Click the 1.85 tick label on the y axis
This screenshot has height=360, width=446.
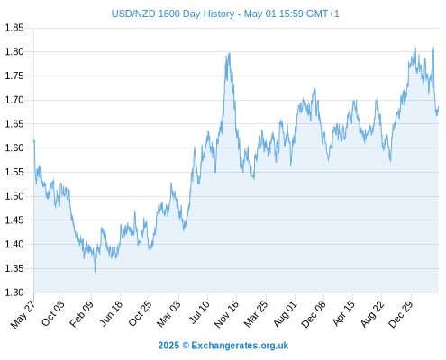pos(14,28)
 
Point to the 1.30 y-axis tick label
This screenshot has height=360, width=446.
pos(14,292)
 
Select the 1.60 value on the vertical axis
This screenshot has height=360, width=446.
pos(14,148)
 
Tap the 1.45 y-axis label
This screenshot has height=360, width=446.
pos(14,220)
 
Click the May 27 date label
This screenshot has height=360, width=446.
pos(23,314)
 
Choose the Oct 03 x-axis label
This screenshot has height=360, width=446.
pos(53,313)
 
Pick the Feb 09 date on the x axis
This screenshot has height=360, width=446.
pos(81,314)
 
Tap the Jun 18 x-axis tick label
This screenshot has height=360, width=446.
pos(111,313)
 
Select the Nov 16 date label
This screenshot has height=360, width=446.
pos(226,314)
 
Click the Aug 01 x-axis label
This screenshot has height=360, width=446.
pos(286,314)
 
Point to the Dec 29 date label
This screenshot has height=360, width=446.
pos(401,314)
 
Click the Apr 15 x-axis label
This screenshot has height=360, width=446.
pos(343,313)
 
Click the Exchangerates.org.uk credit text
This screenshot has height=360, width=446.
pos(240,346)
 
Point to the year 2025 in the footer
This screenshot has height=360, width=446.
pos(168,346)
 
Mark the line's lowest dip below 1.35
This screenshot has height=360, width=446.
pos(96,271)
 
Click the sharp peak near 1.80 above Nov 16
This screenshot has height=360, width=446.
pos(230,53)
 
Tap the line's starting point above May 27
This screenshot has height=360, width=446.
pos(34,140)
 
